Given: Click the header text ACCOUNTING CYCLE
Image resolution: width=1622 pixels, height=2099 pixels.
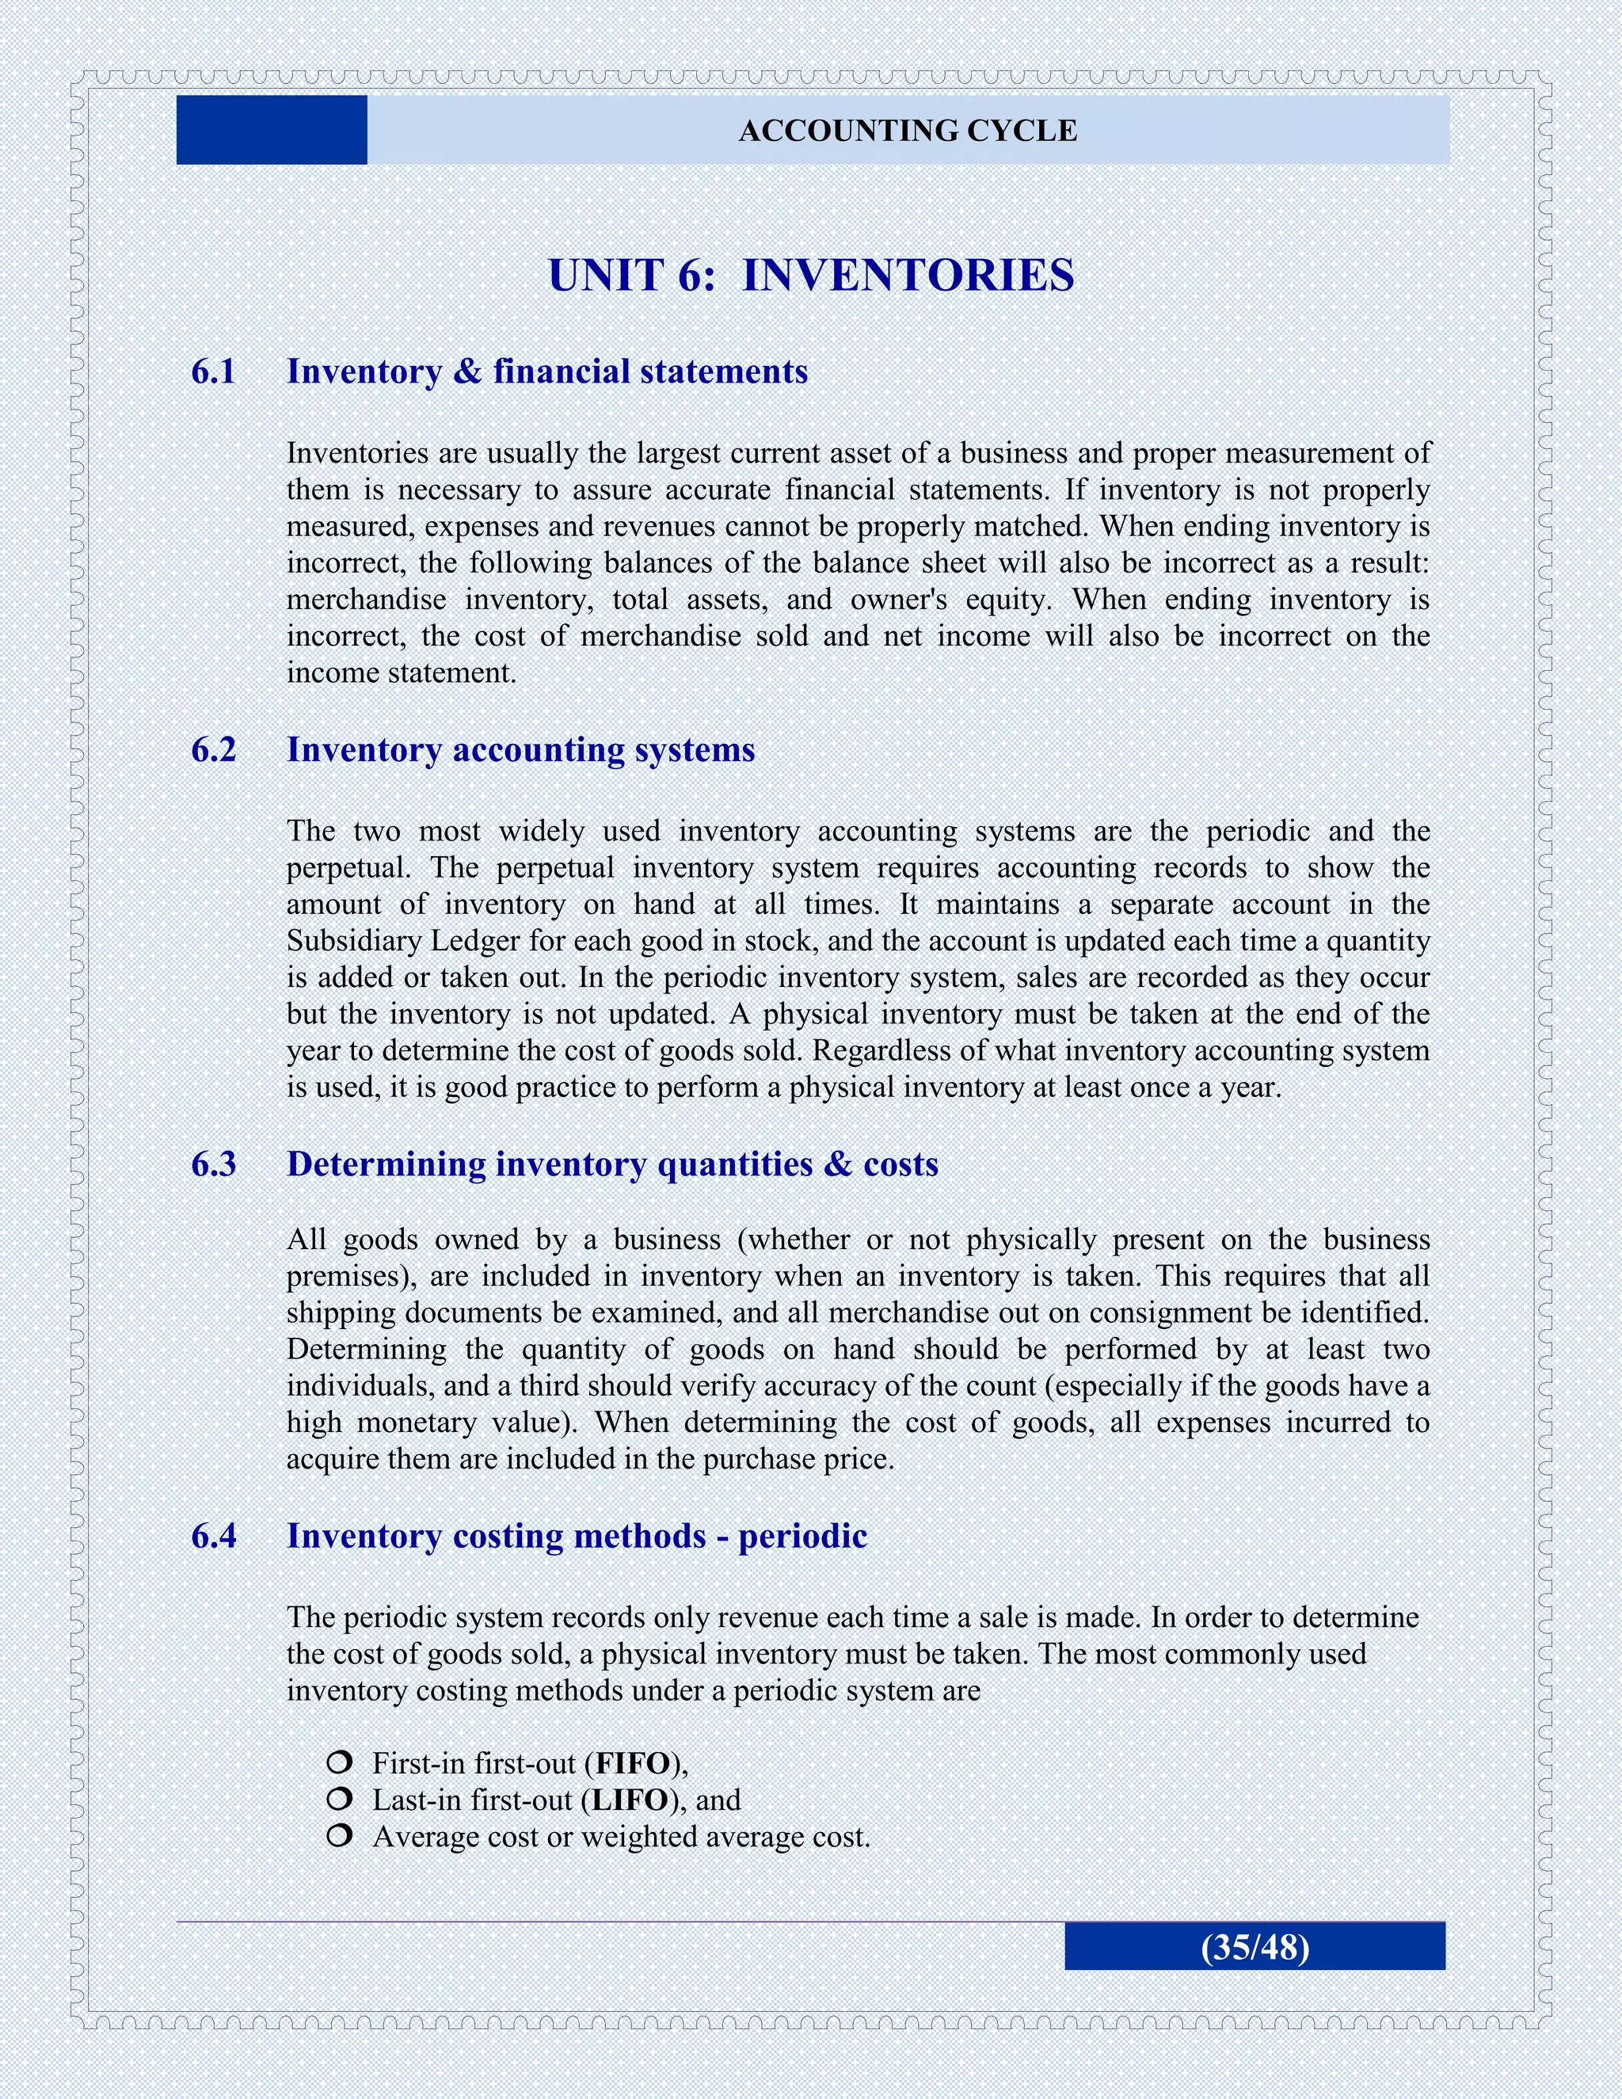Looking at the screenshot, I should coord(907,131).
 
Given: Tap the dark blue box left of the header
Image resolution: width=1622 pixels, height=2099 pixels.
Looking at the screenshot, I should coord(272,130).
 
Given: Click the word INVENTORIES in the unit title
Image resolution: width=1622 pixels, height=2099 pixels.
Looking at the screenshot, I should coord(908,276).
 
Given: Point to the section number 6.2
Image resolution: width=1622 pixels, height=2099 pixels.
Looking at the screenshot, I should coord(213,749).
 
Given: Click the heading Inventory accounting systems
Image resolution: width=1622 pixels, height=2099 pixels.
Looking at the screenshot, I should coord(521,749).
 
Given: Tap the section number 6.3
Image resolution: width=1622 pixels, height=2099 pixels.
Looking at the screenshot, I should coord(213,1164).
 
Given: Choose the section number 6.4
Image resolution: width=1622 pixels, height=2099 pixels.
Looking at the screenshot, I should coord(213,1536).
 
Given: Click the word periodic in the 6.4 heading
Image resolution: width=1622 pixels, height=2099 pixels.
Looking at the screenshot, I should coord(802,1536).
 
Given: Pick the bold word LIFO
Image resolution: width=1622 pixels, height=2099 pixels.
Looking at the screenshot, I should coord(630,1800).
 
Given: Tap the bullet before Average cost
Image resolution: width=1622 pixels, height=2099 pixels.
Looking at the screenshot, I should coord(338,1837).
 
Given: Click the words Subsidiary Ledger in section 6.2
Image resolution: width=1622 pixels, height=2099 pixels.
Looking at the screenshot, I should coord(404,941).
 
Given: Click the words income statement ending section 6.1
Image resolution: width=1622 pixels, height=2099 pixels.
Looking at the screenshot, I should coord(401,672).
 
